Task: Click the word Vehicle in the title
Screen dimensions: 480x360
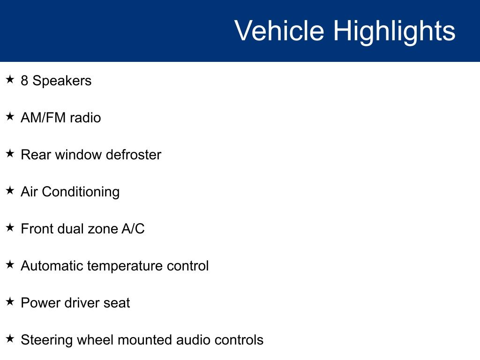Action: [279, 30]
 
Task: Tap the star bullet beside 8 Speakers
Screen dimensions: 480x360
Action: [10, 79]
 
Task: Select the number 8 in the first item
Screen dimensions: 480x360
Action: [24, 81]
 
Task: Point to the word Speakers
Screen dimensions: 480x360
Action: [62, 81]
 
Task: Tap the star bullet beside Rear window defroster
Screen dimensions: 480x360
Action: [10, 153]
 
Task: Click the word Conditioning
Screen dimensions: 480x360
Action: [81, 192]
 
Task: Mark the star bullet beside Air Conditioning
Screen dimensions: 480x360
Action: [10, 190]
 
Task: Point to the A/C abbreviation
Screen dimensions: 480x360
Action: [133, 229]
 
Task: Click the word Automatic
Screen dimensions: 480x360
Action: [52, 266]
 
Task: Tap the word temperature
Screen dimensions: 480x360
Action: [125, 266]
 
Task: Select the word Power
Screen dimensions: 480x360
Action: [41, 303]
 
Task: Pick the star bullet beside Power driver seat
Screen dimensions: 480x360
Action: [10, 301]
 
